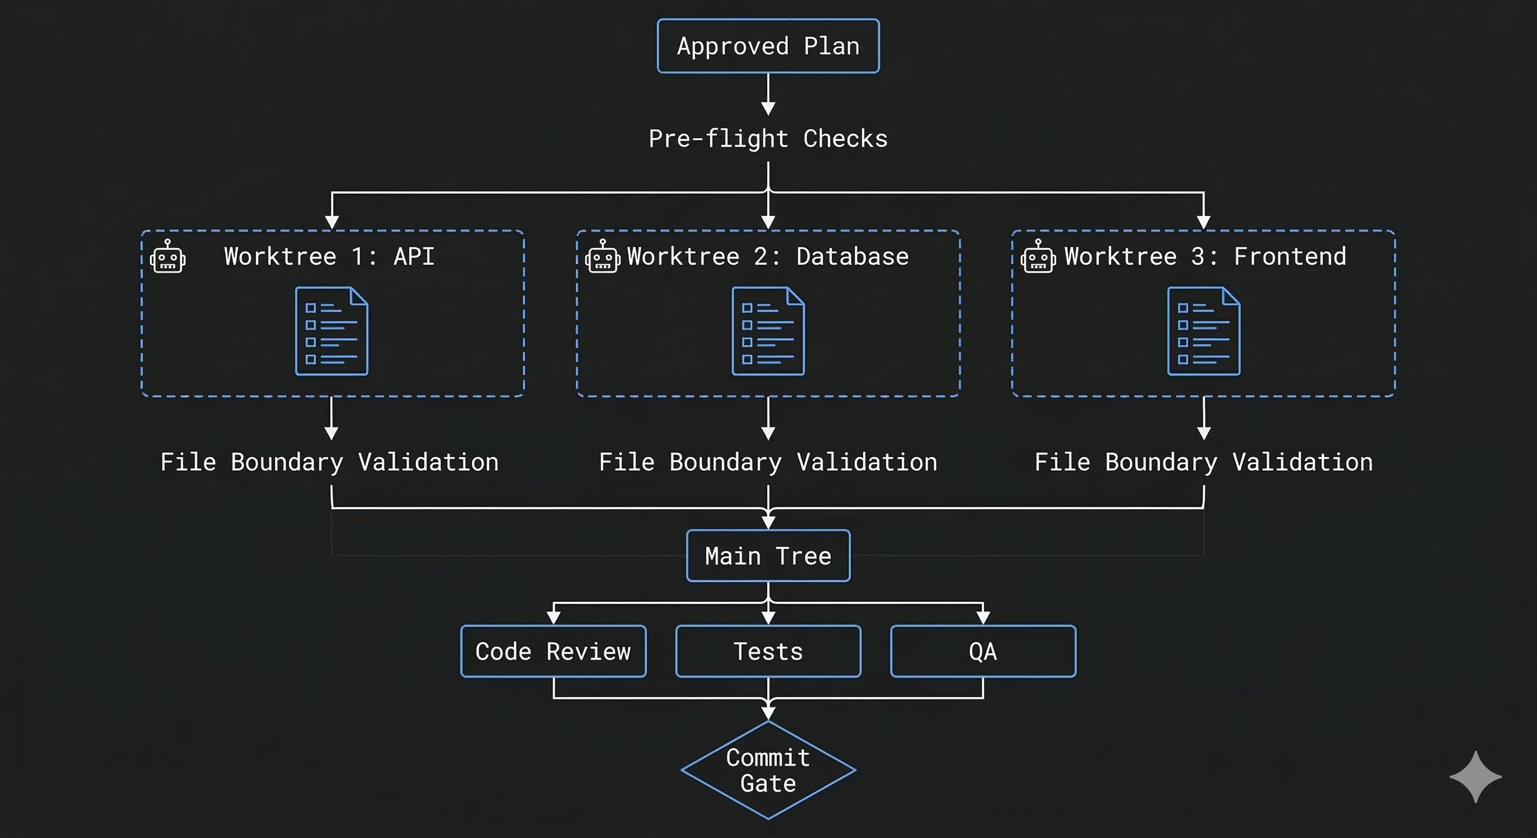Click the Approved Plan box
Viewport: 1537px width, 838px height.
768,46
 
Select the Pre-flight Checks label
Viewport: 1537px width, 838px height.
768,139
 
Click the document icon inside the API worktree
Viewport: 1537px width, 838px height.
332,331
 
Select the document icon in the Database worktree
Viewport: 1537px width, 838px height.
768,331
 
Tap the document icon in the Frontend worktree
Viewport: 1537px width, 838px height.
1204,331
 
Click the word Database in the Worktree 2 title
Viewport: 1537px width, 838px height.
852,256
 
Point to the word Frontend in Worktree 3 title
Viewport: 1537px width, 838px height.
1289,256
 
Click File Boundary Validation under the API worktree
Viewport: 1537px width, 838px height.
329,462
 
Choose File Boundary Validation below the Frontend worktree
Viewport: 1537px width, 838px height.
1204,462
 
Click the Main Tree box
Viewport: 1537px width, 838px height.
768,556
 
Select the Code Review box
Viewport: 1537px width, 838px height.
553,651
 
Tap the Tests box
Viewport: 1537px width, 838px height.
768,651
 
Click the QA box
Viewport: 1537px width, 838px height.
982,651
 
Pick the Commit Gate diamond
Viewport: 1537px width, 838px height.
768,770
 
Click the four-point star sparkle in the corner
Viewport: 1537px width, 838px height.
1475,776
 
